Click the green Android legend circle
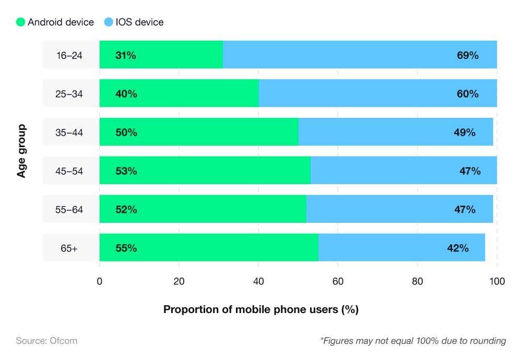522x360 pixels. tap(20, 22)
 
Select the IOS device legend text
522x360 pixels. tap(139, 22)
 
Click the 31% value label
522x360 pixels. tap(125, 55)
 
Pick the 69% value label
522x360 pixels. tap(467, 55)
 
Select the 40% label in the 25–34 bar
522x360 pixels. tap(126, 94)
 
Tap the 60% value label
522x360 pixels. tap(467, 94)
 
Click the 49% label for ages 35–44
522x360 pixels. tap(464, 133)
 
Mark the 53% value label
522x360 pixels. tap(126, 171)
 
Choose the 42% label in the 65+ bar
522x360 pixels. tap(457, 248)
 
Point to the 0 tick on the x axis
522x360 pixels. tap(100, 282)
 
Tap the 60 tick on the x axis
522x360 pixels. tap(338, 282)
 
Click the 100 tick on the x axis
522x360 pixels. tap(496, 282)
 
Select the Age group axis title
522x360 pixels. tap(21, 151)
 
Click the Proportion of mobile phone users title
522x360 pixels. tap(260, 309)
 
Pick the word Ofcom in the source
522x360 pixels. tap(63, 341)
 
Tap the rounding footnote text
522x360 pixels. tap(412, 341)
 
